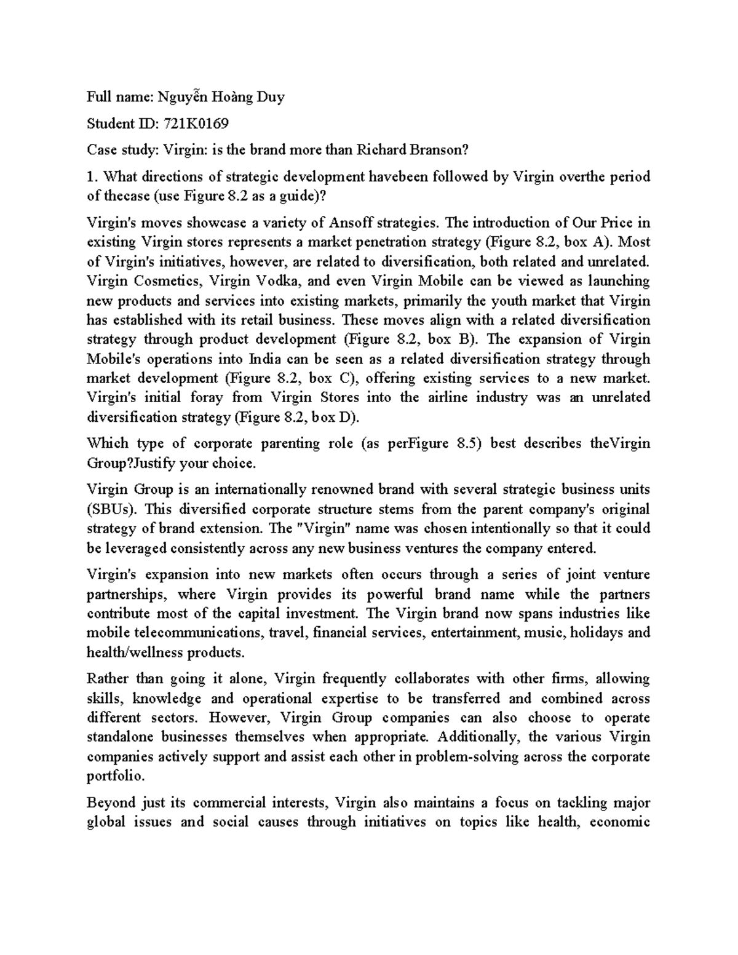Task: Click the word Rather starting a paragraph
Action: pyautogui.click(x=107, y=679)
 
